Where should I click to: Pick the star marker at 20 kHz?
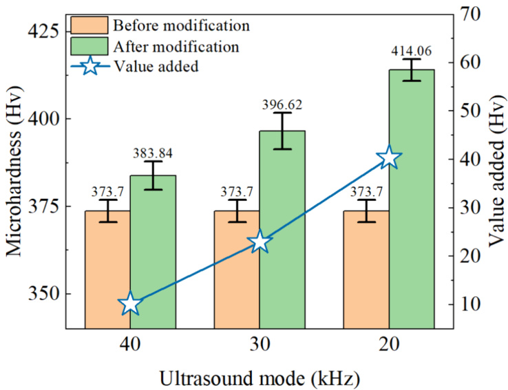click(x=389, y=158)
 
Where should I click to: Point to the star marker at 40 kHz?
click(x=130, y=304)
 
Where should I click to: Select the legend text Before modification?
click(x=180, y=26)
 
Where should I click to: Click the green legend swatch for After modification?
click(x=89, y=46)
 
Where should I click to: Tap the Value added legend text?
click(x=156, y=67)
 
